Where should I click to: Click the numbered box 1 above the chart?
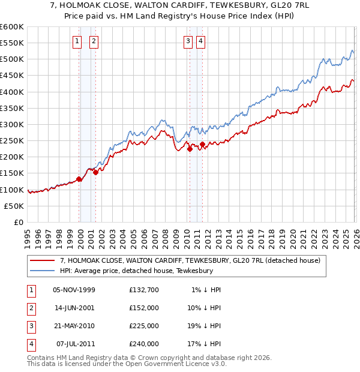point(77,41)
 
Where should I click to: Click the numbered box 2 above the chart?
point(95,41)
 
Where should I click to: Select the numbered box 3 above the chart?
point(188,41)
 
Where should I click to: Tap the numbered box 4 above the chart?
point(200,41)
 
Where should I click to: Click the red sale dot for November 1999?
point(79,179)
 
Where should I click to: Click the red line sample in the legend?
point(43,260)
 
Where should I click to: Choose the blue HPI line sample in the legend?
point(43,271)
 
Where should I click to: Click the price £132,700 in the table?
point(144,290)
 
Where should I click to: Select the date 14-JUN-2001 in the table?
point(74,308)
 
